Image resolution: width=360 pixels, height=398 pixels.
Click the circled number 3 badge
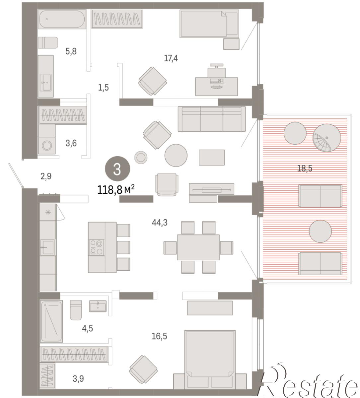coord(117,168)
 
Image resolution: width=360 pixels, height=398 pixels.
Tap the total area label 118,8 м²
coord(116,190)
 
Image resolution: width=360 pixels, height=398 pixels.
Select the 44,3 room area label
coord(160,223)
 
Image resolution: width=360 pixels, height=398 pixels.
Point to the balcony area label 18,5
coord(305,168)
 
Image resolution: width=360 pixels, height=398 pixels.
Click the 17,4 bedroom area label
coord(171,58)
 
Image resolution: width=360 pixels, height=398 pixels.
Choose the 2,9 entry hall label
coord(46,176)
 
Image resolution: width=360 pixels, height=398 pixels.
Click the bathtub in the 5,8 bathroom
coord(62,19)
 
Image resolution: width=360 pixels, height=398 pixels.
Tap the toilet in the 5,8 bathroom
coord(48,42)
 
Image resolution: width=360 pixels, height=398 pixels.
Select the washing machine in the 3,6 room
coord(47,145)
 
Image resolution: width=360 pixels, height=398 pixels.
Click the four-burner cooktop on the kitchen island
coord(97,247)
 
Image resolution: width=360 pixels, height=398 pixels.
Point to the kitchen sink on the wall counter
coord(47,247)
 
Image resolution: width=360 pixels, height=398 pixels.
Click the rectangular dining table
coord(198,247)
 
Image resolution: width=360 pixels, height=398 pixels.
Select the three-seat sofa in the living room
coord(212,119)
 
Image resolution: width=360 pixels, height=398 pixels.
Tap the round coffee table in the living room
coord(176,155)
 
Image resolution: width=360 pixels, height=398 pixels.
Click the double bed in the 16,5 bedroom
coord(210,361)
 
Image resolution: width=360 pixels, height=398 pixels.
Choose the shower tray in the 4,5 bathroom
coord(51,321)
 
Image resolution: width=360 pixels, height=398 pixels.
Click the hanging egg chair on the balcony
coord(326,138)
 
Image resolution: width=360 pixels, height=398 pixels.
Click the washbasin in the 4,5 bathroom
coord(98,306)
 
